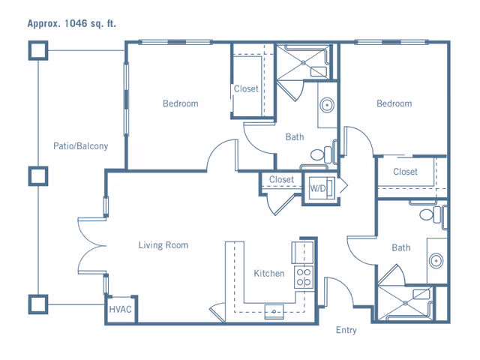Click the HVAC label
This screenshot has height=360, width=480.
pyautogui.click(x=120, y=310)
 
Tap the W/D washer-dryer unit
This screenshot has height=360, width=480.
pyautogui.click(x=322, y=188)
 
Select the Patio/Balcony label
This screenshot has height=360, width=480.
pyautogui.click(x=80, y=146)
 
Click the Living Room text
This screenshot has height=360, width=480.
pyautogui.click(x=163, y=245)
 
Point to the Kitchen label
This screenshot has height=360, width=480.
pyautogui.click(x=269, y=273)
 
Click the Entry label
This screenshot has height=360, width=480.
pyautogui.click(x=346, y=330)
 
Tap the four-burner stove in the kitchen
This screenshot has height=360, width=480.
pyautogui.click(x=304, y=277)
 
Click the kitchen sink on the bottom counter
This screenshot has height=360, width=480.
pyautogui.click(x=274, y=312)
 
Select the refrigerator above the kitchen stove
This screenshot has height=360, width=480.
pyautogui.click(x=303, y=253)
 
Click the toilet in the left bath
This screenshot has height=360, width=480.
pyautogui.click(x=321, y=154)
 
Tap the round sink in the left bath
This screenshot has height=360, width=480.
pyautogui.click(x=327, y=105)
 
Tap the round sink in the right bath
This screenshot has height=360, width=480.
pyautogui.click(x=436, y=261)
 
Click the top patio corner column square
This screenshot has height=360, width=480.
pyautogui.click(x=38, y=50)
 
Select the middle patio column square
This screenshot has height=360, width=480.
pyautogui.click(x=38, y=176)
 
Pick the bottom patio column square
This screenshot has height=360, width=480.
pyautogui.click(x=38, y=304)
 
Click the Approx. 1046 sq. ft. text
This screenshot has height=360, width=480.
pyautogui.click(x=72, y=23)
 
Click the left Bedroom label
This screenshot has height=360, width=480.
pyautogui.click(x=181, y=103)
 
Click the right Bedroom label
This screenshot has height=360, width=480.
pyautogui.click(x=394, y=103)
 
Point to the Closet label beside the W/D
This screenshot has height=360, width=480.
pyautogui.click(x=281, y=179)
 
